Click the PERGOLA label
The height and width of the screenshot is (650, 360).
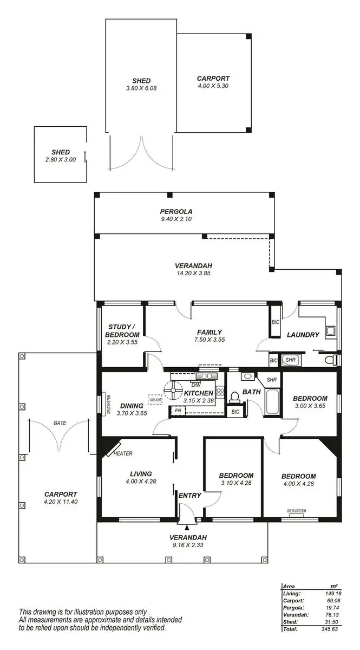(176, 211)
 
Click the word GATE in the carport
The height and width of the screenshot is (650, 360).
(60, 422)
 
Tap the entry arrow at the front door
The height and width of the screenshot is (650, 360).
(187, 525)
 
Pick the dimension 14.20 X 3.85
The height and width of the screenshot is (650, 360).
(193, 274)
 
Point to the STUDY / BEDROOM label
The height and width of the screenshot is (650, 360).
(122, 331)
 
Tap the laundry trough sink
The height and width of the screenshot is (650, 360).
(330, 330)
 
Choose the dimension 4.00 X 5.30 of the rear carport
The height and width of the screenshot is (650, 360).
(213, 86)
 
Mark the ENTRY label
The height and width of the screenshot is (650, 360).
(190, 495)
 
